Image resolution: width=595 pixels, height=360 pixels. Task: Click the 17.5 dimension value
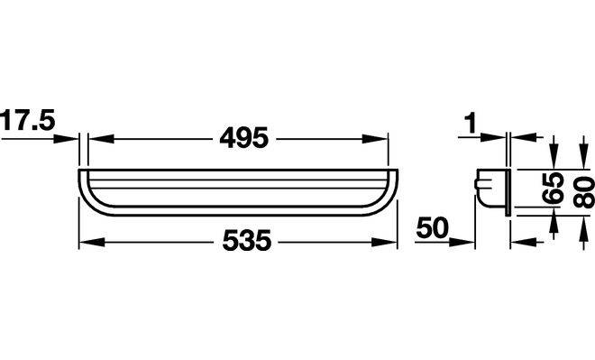click(x=28, y=120)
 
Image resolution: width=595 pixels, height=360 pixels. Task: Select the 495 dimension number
click(x=244, y=137)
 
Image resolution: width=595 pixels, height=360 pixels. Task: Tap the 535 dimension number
click(x=247, y=240)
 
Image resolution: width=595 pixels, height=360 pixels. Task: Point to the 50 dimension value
click(x=432, y=228)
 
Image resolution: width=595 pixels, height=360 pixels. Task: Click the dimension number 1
click(x=471, y=124)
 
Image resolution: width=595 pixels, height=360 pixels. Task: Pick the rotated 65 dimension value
click(x=552, y=189)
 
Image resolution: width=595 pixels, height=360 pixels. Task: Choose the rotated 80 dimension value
click(x=583, y=192)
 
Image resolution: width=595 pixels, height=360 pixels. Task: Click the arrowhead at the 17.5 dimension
click(x=65, y=139)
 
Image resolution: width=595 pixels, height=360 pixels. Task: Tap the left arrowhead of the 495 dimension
click(x=101, y=139)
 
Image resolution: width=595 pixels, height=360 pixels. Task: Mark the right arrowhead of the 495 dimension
click(x=375, y=139)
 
